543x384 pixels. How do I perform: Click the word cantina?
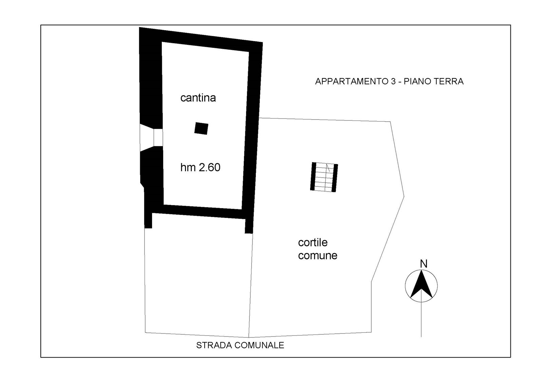pos(198,98)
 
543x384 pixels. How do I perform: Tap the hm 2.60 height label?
pos(200,167)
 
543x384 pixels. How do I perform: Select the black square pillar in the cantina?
pos(201,128)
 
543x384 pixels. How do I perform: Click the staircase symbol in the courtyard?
pos(324,177)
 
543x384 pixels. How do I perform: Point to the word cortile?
pos(313,242)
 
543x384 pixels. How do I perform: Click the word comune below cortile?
pos(318,255)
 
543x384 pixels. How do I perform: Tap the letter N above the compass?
pos(424,264)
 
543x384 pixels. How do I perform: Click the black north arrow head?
pos(421,284)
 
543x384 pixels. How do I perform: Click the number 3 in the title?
pos(393,81)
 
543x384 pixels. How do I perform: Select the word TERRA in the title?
pos(448,81)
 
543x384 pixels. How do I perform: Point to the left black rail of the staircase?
pos(313,176)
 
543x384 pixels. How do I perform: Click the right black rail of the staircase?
pos(335,178)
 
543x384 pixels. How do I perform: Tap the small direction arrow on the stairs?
pos(328,168)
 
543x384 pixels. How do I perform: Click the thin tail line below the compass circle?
pos(421,319)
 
